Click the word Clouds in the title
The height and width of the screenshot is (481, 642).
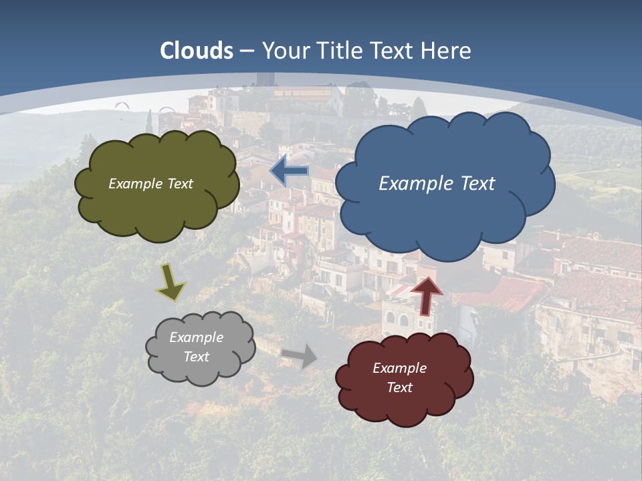click(197, 50)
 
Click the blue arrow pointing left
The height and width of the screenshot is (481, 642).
click(290, 171)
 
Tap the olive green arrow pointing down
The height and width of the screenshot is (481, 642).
click(171, 283)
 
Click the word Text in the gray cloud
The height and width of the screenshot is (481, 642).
click(197, 357)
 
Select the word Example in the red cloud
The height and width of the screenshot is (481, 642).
click(399, 368)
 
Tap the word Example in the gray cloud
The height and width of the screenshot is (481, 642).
click(197, 337)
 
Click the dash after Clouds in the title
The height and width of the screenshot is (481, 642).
click(246, 50)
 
